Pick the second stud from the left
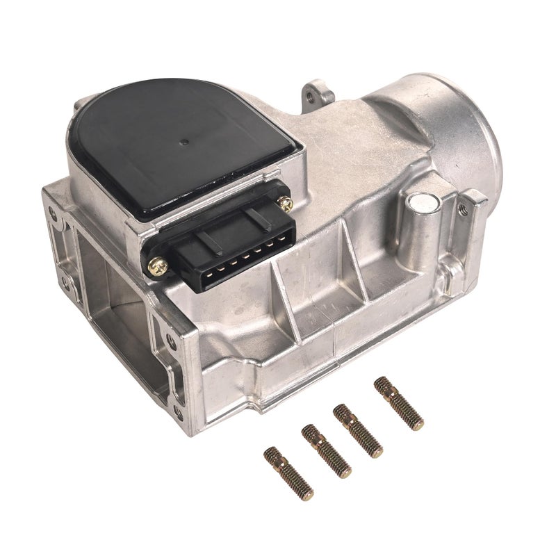click(x=326, y=452)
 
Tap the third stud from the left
click(x=358, y=431)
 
